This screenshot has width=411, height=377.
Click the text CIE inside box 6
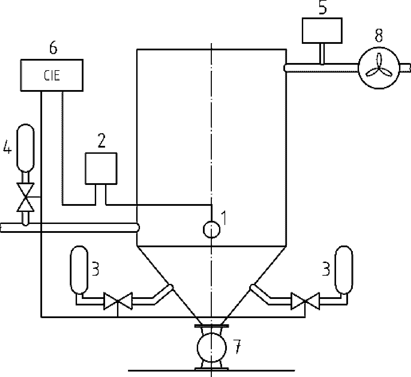point(52,75)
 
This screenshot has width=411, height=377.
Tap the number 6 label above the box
point(53,49)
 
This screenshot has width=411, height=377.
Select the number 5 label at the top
point(323,8)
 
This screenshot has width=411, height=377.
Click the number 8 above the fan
point(378,36)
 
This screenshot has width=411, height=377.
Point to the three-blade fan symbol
point(379,68)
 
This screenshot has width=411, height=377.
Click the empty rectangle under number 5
point(322,30)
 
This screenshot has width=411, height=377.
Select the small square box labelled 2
point(101,168)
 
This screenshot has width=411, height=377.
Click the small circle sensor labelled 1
point(211,229)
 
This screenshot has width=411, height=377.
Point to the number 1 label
point(224,218)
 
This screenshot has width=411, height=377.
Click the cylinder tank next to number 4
point(25,148)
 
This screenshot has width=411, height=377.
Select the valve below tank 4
point(25,197)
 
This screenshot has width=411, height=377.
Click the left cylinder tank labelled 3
point(79,270)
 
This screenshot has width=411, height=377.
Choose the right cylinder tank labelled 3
point(344,270)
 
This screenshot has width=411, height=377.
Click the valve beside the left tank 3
point(118,301)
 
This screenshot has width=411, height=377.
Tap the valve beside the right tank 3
point(305,301)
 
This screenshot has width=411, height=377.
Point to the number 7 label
point(237,347)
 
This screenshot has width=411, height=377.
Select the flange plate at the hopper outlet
point(211,326)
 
